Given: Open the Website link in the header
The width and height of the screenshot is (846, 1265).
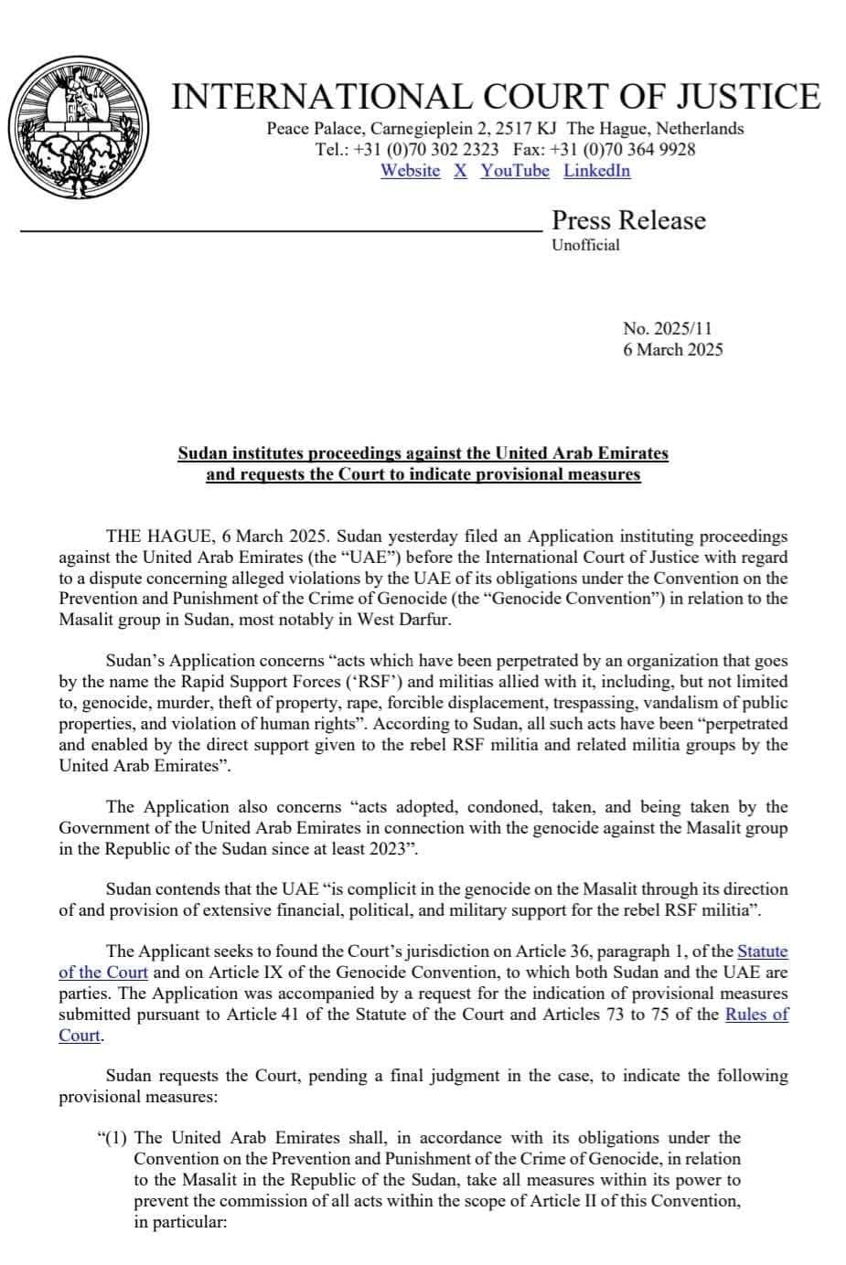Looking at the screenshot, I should [410, 171].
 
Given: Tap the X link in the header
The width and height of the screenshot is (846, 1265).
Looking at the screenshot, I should [460, 171].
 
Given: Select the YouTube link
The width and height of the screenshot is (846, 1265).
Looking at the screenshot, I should [515, 171].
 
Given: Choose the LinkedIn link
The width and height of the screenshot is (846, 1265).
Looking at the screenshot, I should [596, 171].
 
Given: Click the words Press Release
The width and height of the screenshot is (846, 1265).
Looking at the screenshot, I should [628, 220].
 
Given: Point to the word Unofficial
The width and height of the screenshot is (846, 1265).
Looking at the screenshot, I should [585, 245].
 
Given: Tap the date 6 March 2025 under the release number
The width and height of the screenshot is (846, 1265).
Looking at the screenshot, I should [672, 349].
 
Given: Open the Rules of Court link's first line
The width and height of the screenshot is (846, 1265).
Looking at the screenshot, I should [756, 1015].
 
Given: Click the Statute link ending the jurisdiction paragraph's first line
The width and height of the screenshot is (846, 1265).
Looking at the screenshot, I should [762, 951].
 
